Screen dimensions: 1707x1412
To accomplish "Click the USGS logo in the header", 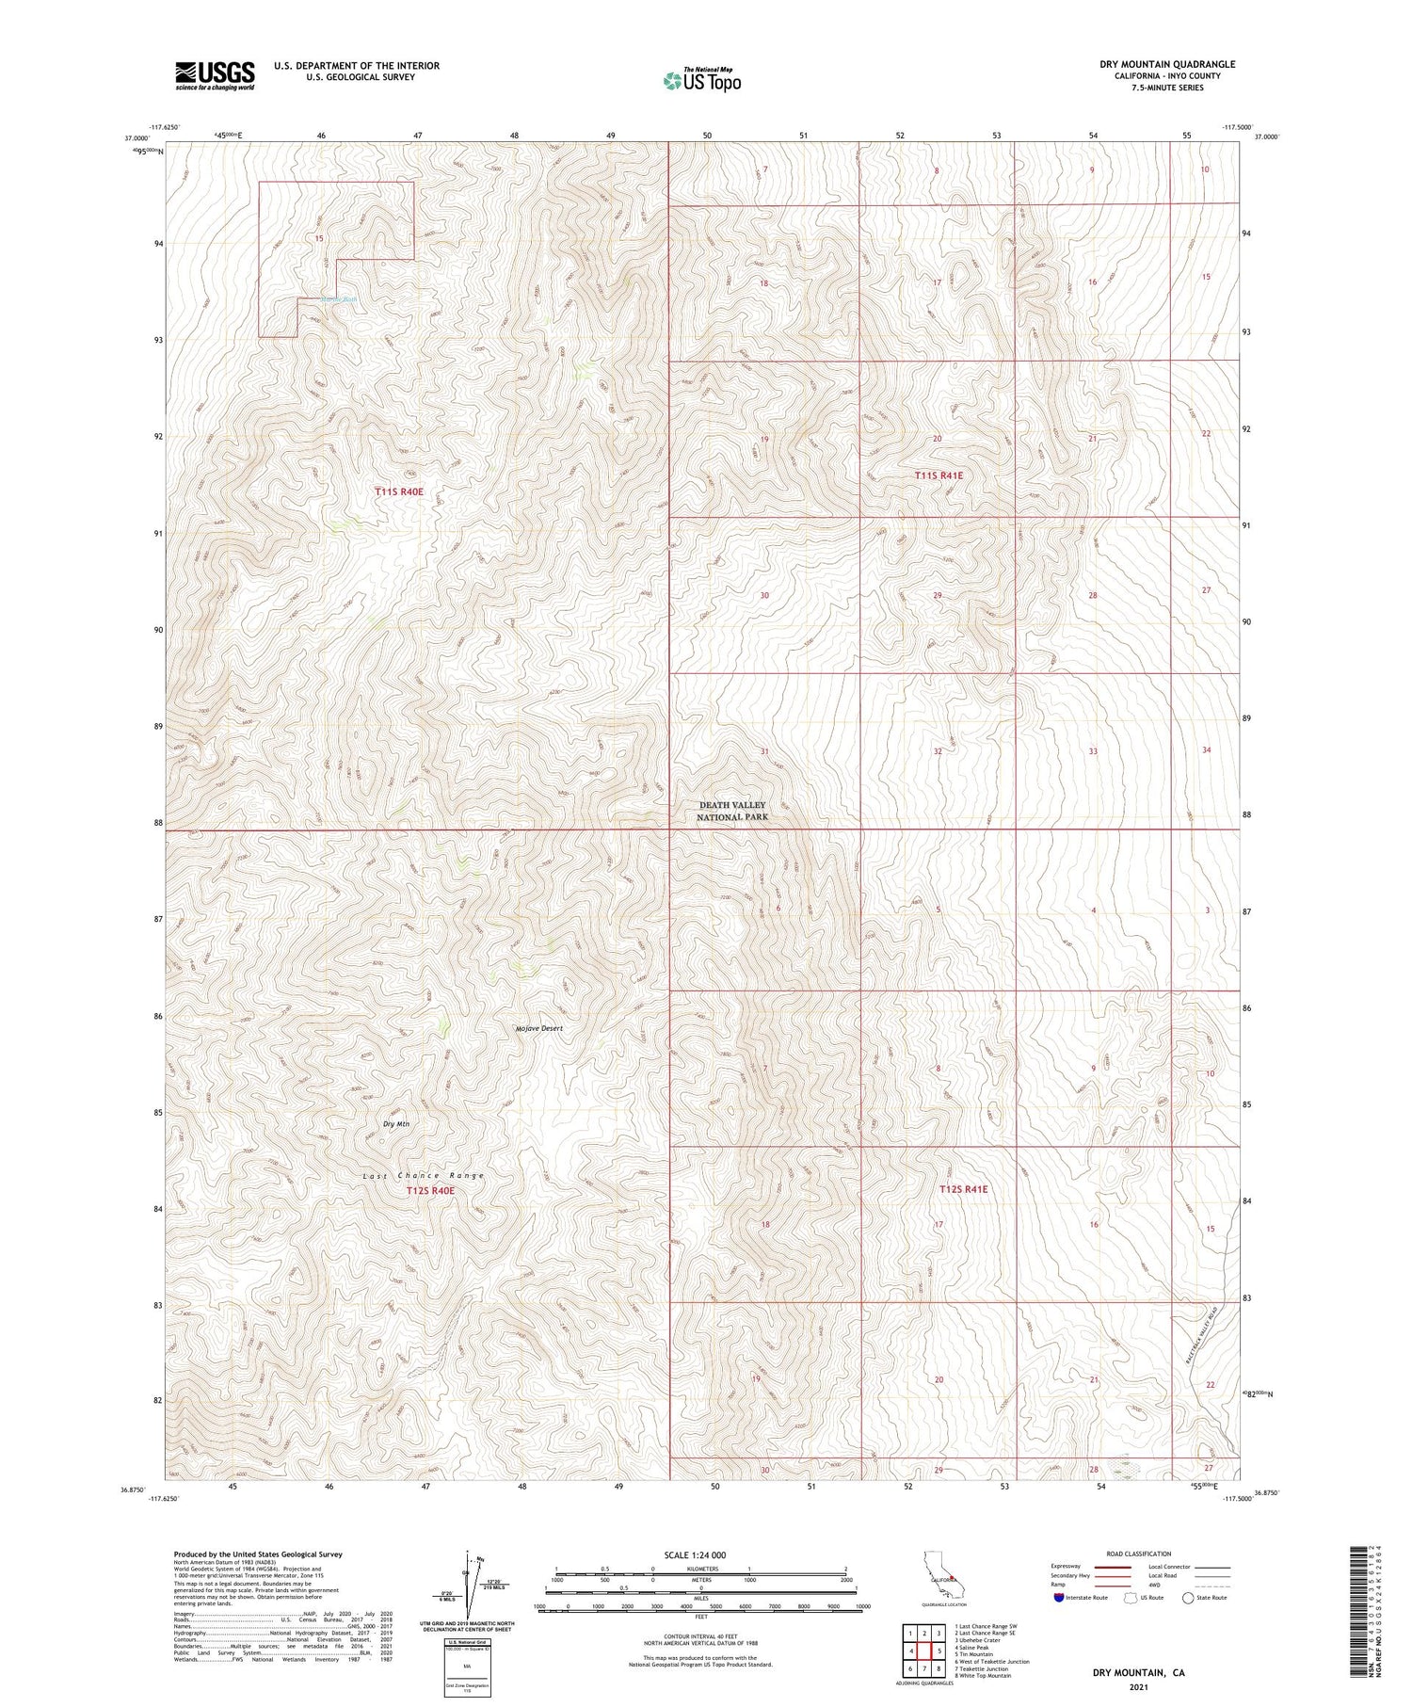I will click(x=215, y=75).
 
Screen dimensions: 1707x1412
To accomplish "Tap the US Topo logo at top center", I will click(x=701, y=80).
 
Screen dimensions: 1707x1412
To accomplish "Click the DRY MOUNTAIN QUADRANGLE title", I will click(x=1166, y=64).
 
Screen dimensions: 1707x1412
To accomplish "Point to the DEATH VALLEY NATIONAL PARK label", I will click(x=731, y=811).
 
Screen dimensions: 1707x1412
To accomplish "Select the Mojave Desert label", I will click(x=539, y=1028).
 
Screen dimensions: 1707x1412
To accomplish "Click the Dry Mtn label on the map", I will click(x=396, y=1123).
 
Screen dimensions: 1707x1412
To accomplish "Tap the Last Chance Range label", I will click(x=424, y=1175).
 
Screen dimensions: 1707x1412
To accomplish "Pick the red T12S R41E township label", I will click(x=964, y=1189).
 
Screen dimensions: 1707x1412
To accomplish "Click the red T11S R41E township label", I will click(x=939, y=475).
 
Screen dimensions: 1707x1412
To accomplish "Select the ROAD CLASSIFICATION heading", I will click(x=1139, y=1554).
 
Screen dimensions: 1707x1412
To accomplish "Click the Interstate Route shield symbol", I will click(x=1059, y=1598).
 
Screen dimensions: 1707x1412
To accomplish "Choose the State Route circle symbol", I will click(x=1189, y=1598).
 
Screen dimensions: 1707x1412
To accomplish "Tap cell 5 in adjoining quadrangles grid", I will click(x=939, y=1651).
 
